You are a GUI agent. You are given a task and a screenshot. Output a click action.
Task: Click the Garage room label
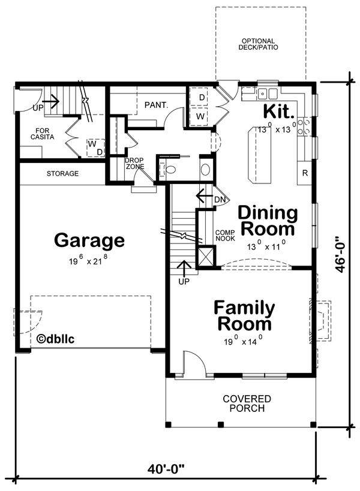tap(89, 240)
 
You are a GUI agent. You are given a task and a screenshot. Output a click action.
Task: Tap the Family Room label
tap(244, 315)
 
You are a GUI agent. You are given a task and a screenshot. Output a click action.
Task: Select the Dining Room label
tap(268, 221)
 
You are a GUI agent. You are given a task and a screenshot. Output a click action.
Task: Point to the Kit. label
tap(279, 111)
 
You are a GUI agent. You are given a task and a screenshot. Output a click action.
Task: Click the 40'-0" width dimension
tap(166, 469)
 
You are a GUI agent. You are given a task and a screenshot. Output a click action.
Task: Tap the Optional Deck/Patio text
tap(258, 44)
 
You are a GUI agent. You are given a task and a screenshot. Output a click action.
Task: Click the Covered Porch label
tap(247, 403)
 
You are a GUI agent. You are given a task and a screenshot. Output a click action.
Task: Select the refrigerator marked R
tap(305, 173)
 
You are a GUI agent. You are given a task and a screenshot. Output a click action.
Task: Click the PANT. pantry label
tap(157, 106)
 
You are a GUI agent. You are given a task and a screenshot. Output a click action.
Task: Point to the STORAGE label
tap(62, 173)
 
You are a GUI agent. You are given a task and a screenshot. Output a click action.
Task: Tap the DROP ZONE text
tap(135, 164)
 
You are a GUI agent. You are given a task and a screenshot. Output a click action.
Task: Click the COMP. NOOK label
tap(225, 236)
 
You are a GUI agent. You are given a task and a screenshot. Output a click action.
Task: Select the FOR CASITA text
tap(42, 134)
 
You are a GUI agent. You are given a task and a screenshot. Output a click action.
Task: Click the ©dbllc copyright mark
tap(55, 339)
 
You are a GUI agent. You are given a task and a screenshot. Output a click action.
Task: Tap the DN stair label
tap(220, 200)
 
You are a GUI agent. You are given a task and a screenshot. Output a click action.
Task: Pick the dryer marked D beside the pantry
tap(202, 97)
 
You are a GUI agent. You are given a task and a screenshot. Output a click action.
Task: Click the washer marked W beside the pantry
tap(200, 116)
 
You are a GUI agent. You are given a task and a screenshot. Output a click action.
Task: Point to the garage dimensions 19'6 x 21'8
tap(89, 260)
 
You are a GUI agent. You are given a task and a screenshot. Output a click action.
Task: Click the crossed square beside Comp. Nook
tap(206, 257)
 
